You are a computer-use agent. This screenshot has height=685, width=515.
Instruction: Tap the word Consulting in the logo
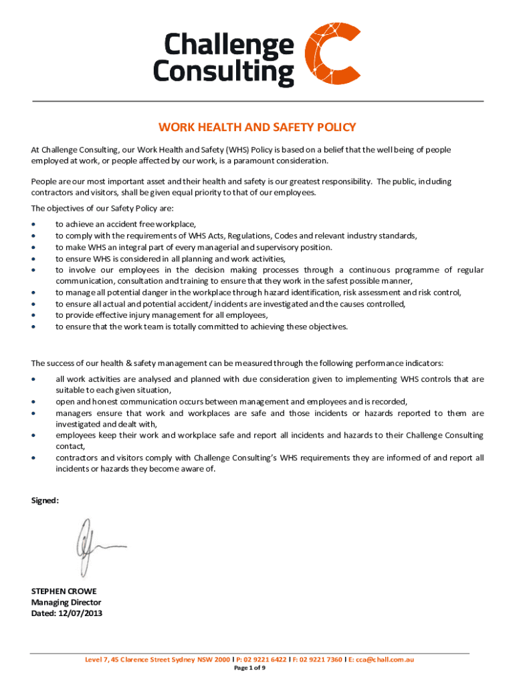tap(223, 72)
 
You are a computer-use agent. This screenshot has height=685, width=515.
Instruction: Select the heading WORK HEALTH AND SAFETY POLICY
tap(257, 127)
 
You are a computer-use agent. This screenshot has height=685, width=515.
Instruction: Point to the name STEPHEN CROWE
tap(64, 591)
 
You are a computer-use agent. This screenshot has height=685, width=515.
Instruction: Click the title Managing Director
tap(67, 602)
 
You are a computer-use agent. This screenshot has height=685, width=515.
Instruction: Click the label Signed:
tap(45, 500)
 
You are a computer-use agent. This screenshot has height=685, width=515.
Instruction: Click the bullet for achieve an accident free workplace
tap(33, 225)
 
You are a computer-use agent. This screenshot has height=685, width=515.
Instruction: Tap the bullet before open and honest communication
tap(33, 401)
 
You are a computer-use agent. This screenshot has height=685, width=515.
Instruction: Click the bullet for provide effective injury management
tap(33, 315)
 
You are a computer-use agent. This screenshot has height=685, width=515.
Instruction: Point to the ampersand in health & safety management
tap(128, 363)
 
